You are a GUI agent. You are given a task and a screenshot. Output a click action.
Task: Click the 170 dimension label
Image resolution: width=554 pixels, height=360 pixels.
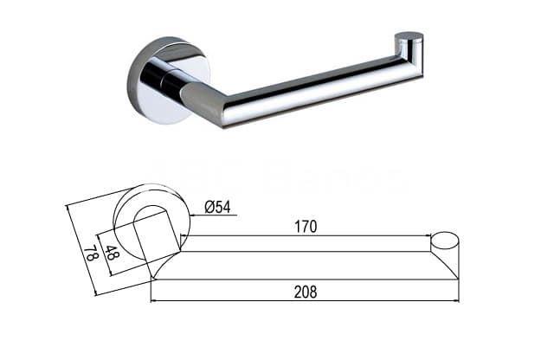(x=305, y=227)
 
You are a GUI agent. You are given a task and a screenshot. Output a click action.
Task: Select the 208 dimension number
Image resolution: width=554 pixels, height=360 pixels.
(x=305, y=292)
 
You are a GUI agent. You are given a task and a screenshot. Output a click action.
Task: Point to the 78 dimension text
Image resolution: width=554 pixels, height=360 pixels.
(x=88, y=254)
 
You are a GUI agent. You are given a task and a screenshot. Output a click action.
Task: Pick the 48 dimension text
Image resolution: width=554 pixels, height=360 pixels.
(x=112, y=254)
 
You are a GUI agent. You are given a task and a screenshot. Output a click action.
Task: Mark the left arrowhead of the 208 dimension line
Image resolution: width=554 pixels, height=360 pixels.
(x=154, y=300)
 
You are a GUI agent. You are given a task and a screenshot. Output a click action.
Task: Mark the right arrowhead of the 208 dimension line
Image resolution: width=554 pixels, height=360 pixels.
(x=455, y=300)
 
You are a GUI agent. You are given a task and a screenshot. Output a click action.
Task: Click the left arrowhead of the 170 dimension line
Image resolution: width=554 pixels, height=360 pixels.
(x=188, y=236)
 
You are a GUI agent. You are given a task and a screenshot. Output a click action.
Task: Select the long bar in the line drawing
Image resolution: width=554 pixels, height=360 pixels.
(x=303, y=265)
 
